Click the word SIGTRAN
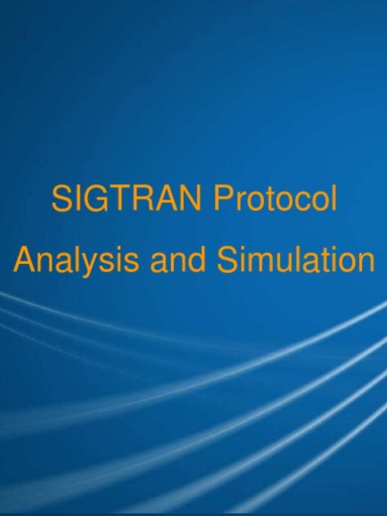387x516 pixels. coord(126,199)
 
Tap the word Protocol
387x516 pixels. coord(275,199)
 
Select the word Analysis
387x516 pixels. coord(76,261)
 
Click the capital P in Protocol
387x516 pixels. coord(223,199)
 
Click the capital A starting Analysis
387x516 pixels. coord(23,261)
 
